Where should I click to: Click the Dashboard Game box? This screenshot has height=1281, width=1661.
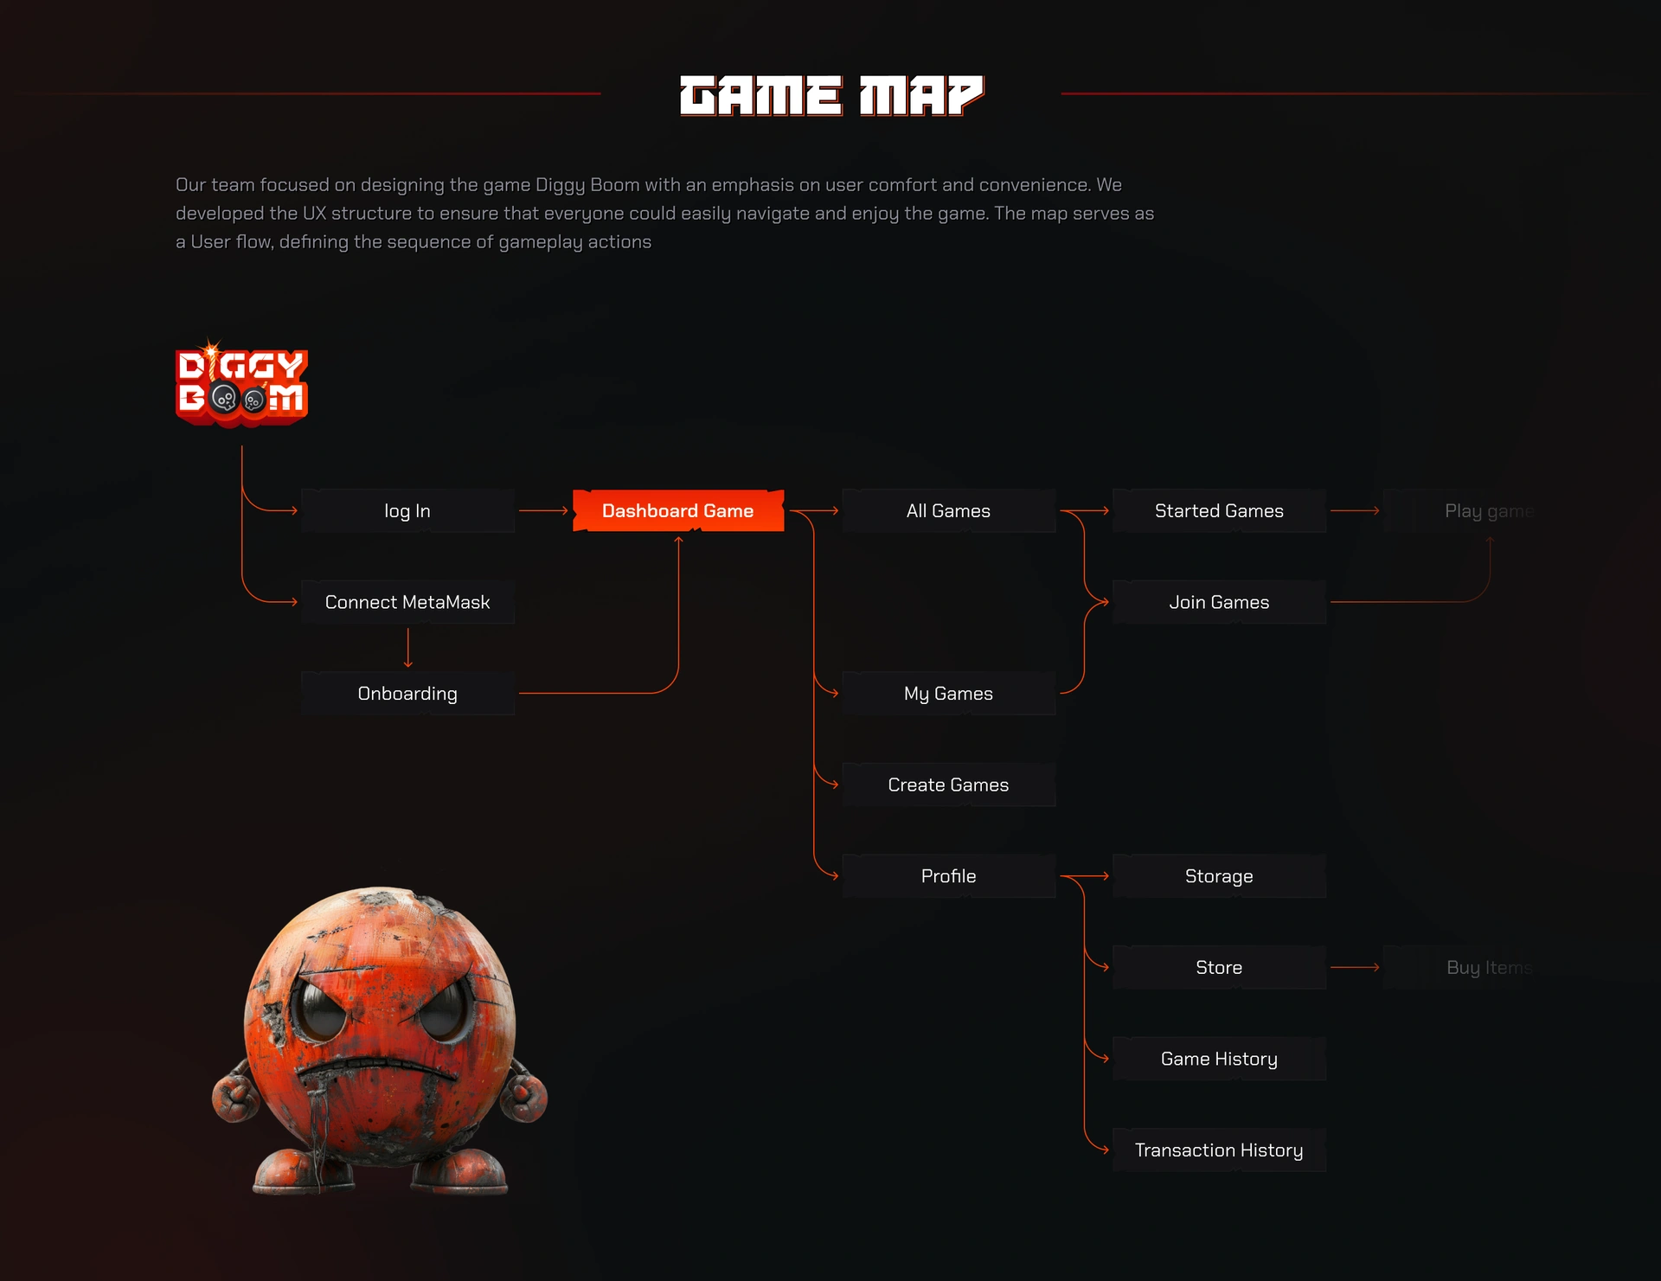click(x=678, y=511)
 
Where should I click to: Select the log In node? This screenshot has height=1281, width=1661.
click(x=407, y=511)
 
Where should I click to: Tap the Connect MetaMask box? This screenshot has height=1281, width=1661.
click(x=407, y=602)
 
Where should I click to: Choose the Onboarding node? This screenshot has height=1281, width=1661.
click(x=407, y=694)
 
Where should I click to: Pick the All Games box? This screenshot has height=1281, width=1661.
click(x=948, y=511)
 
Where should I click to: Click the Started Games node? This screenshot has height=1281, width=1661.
click(x=1219, y=511)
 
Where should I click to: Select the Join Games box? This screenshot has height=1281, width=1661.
click(x=1219, y=602)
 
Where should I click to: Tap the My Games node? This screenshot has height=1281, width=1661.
click(x=948, y=694)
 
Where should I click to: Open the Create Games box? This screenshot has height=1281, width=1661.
click(x=948, y=785)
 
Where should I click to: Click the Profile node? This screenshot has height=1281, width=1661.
click(x=948, y=876)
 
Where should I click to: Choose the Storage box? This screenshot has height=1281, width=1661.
click(x=1219, y=876)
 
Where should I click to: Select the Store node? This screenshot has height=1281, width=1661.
click(x=1219, y=967)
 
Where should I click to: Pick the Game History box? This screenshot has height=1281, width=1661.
click(x=1219, y=1059)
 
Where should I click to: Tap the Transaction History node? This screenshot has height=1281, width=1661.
click(x=1219, y=1150)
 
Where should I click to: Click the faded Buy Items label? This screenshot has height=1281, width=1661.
click(x=1488, y=967)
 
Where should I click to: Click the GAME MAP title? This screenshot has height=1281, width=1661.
click(x=831, y=95)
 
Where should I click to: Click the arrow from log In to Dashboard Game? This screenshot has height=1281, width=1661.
click(x=543, y=511)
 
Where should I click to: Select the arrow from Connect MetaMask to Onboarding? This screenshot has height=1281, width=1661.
click(x=407, y=648)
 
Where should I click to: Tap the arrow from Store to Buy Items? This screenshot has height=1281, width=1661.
click(x=1354, y=967)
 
